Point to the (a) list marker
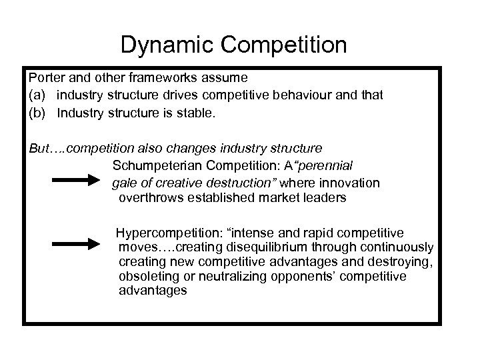pyautogui.click(x=37, y=95)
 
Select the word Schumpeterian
pyautogui.click(x=153, y=164)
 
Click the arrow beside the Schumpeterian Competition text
pyautogui.click(x=75, y=179)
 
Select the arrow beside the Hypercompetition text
pyautogui.click(x=75, y=243)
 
